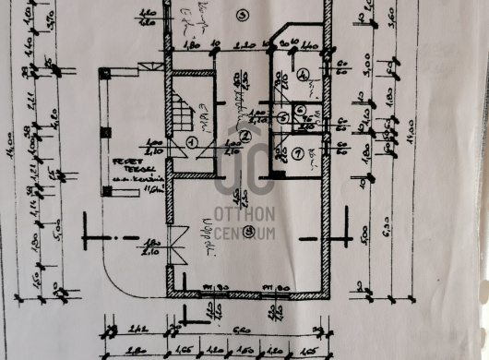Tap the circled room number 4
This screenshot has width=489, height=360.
(304, 75)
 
